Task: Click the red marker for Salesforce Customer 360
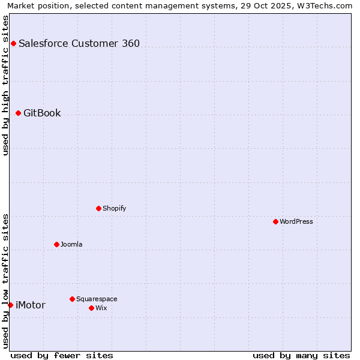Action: (x=13, y=43)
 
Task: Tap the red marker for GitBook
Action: (x=18, y=113)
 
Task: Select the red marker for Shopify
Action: (x=98, y=208)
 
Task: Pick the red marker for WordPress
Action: (x=275, y=221)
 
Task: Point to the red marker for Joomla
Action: (x=56, y=244)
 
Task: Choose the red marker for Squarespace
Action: (x=72, y=299)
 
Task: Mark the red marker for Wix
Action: (x=91, y=308)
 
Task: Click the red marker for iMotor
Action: (x=10, y=305)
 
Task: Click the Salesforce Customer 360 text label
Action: (x=79, y=43)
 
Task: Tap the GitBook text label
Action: (x=42, y=113)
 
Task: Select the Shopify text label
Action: (x=114, y=208)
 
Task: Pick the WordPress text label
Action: (x=296, y=221)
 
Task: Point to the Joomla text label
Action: (x=71, y=244)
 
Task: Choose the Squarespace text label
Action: (x=97, y=299)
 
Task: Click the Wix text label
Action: (x=101, y=308)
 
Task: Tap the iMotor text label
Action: (x=30, y=305)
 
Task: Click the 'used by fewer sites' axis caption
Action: (x=62, y=355)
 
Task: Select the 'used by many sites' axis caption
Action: (x=301, y=355)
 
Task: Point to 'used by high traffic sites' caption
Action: (x=5, y=85)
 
